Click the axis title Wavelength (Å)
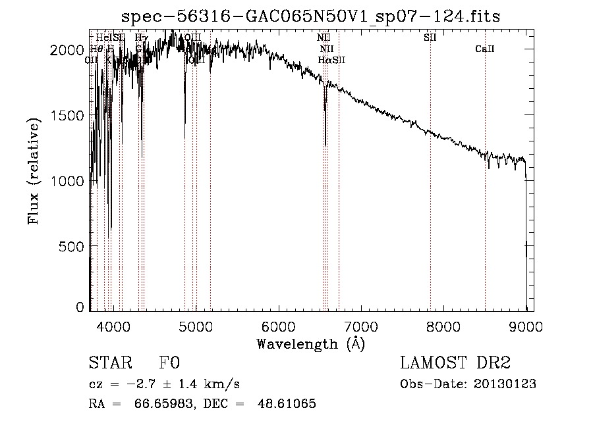pos(310,343)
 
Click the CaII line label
pos(485,49)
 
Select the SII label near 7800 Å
pos(430,38)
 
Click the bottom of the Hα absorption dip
pos(325,145)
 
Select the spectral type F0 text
pos(170,363)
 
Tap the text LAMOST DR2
pos(455,363)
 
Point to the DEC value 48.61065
pos(289,404)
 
